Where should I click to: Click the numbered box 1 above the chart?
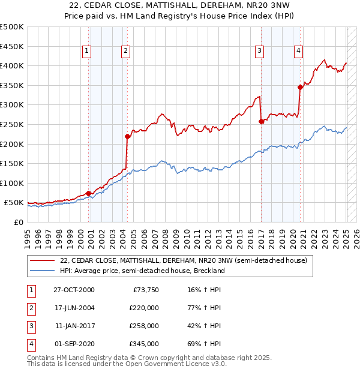click(87, 51)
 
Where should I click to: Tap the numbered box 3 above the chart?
click(259, 51)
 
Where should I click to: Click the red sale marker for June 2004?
click(127, 136)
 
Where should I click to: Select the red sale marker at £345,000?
click(300, 87)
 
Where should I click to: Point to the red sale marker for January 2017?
click(261, 121)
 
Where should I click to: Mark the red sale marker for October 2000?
click(89, 193)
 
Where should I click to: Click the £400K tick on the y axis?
click(12, 65)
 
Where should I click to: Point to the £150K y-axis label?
click(12, 163)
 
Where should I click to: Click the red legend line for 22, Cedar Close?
click(43, 260)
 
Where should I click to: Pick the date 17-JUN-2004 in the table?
click(74, 308)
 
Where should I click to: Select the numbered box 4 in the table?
click(30, 344)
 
